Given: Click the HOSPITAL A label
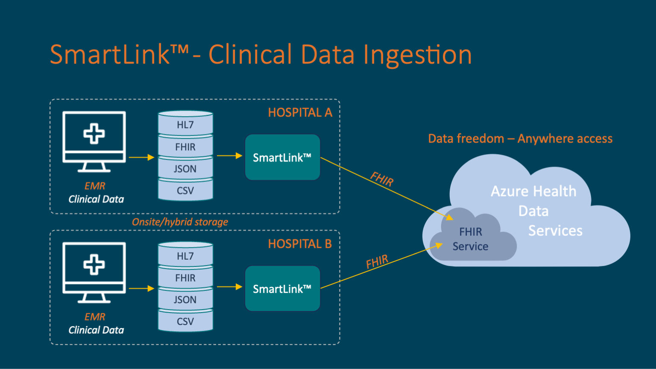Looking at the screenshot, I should click(300, 112).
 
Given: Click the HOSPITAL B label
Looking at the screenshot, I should click(300, 243).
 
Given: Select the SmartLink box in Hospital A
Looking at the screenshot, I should click(282, 158).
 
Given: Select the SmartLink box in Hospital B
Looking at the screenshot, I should click(282, 289).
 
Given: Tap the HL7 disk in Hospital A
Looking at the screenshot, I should click(185, 124).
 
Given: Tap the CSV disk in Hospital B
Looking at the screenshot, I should click(185, 321).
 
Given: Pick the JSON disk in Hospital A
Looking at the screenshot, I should click(185, 169).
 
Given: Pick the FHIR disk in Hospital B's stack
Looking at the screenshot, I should click(185, 278).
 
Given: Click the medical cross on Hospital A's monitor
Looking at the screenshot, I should click(94, 134).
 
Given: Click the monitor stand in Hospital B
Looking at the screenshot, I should click(94, 298).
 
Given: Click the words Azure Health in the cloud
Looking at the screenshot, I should click(533, 191).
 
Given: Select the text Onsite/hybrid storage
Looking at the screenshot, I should click(180, 222).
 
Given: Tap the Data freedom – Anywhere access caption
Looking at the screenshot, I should click(520, 139).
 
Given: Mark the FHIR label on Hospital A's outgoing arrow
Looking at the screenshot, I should click(382, 179).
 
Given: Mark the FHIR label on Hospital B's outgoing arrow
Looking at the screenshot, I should click(377, 262).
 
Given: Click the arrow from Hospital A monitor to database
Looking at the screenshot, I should click(141, 158).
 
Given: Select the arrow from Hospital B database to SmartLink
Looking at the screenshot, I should click(230, 287).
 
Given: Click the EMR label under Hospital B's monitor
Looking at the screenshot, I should click(95, 317).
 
